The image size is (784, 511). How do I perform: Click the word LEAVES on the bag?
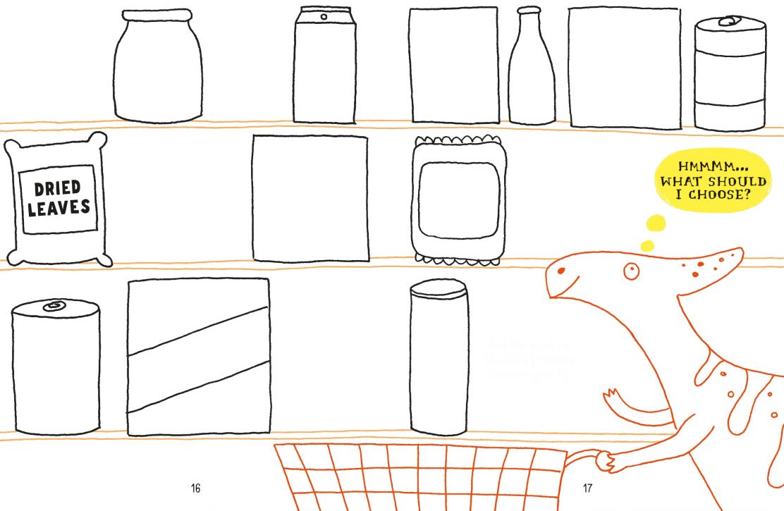(x=59, y=207)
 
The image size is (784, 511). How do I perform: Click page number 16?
(x=196, y=488)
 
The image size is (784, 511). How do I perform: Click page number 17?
(x=588, y=488)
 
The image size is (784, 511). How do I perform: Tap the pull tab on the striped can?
(x=726, y=23)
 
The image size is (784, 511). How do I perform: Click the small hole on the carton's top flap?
(x=324, y=16)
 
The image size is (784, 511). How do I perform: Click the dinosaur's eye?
(x=630, y=269)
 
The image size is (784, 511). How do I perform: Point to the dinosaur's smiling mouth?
(x=563, y=289)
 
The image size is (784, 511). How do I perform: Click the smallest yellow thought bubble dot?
(x=647, y=246)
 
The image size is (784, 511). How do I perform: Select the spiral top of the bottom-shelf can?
(x=53, y=307)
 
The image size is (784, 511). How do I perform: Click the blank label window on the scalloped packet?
(x=458, y=200)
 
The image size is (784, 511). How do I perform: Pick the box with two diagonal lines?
(x=199, y=357)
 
